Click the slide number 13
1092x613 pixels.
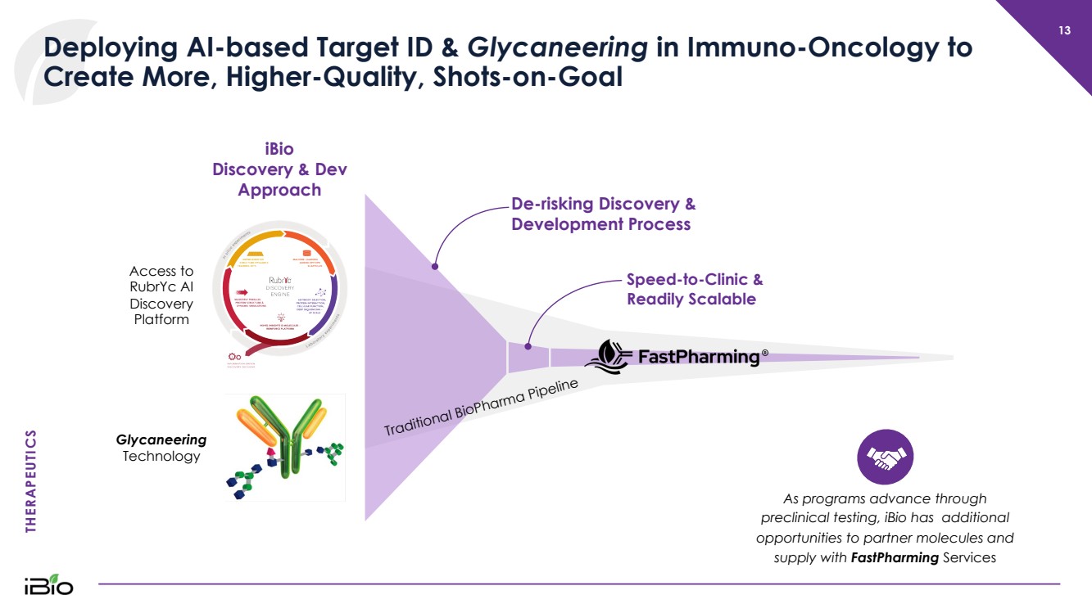pyautogui.click(x=1064, y=31)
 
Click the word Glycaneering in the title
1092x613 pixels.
pyautogui.click(x=557, y=47)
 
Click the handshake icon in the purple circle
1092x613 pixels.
pyautogui.click(x=885, y=457)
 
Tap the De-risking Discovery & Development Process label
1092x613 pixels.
pyautogui.click(x=603, y=214)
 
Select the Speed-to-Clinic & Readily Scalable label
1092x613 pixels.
pyautogui.click(x=694, y=289)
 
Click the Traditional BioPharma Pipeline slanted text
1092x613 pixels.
pyautogui.click(x=482, y=408)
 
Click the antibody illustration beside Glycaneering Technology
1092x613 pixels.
pyautogui.click(x=285, y=447)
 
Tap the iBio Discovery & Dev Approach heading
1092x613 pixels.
pyautogui.click(x=279, y=169)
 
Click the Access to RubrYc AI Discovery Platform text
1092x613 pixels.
pyautogui.click(x=161, y=295)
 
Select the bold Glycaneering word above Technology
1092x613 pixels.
pyautogui.click(x=161, y=440)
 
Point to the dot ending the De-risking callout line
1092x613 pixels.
pyautogui.click(x=435, y=266)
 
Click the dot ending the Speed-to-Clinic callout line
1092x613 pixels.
pyautogui.click(x=528, y=345)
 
